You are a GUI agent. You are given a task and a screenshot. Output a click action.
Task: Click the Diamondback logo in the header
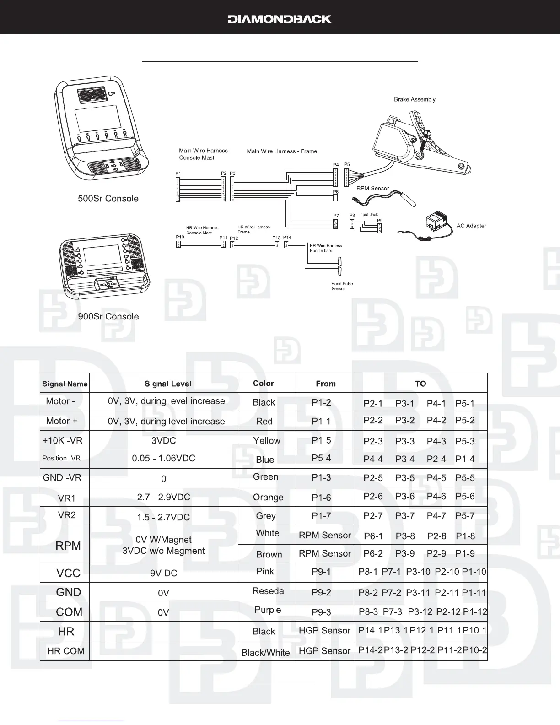(x=280, y=19)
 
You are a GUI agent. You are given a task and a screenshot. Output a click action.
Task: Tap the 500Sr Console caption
(x=108, y=199)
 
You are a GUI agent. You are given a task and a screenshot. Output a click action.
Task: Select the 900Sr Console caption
(x=108, y=316)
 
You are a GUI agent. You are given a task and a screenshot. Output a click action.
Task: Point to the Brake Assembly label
(x=415, y=99)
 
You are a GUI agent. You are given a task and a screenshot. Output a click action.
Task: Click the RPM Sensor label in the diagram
(x=372, y=188)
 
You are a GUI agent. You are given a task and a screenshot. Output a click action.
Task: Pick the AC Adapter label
(x=471, y=226)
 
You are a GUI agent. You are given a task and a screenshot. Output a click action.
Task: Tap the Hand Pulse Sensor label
(x=342, y=286)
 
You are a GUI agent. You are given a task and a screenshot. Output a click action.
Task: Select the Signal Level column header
(x=167, y=384)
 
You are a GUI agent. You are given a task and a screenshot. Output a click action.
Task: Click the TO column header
(x=420, y=384)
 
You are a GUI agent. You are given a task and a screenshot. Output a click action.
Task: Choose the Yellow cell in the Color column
(x=267, y=440)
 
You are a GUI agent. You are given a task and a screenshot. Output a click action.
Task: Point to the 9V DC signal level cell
(x=163, y=573)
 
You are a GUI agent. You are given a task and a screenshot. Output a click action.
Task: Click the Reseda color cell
(x=268, y=591)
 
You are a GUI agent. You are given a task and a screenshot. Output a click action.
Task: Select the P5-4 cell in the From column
(x=321, y=458)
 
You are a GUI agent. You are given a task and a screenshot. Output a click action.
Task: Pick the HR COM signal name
(x=66, y=651)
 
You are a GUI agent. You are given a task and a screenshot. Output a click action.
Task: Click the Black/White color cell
(x=265, y=653)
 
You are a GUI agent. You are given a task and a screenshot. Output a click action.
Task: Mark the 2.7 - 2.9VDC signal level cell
(x=163, y=497)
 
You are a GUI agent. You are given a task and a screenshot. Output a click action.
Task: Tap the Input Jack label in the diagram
(x=368, y=215)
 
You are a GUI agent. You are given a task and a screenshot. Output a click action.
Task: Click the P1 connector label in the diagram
(x=178, y=173)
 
